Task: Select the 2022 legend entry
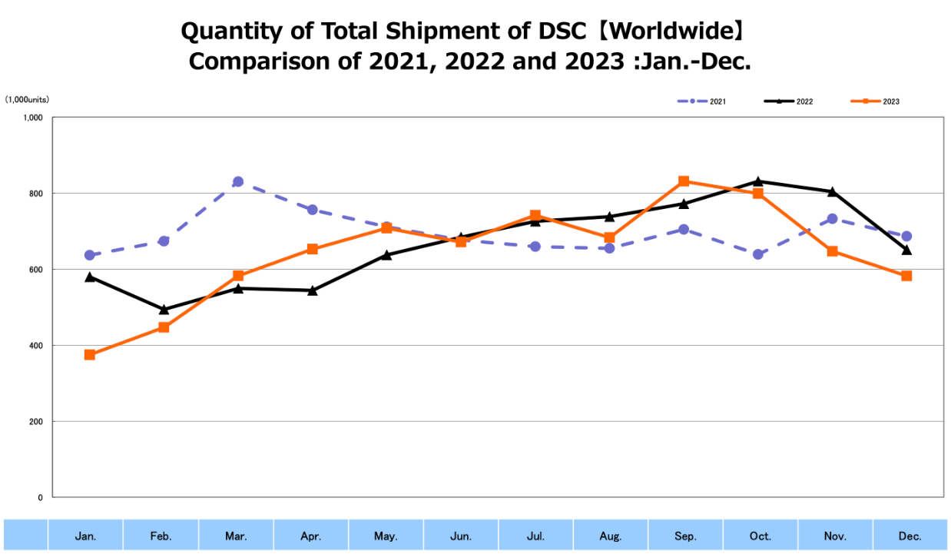coord(789,101)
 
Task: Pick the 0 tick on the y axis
coord(40,498)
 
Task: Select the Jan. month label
coord(85,536)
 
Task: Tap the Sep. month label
coord(685,536)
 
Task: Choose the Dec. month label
coord(910,536)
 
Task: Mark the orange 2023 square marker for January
coord(90,355)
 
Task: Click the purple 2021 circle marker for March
coord(238,182)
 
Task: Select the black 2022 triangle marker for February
coord(164,310)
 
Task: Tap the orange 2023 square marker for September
coord(684,181)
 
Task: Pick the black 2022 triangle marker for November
coord(832,191)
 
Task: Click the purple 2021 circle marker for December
coord(906,236)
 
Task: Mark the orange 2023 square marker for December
coord(906,276)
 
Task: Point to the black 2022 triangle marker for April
coord(313,290)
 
